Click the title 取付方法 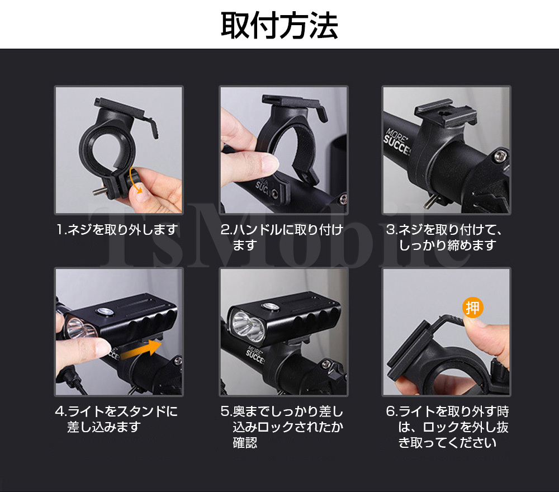pos(279,25)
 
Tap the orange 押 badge pos(473,307)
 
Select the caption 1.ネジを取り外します pos(117,230)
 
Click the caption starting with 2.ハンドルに pos(282,237)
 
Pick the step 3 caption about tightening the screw pos(444,237)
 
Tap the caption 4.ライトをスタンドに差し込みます pos(117,419)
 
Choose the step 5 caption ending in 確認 pos(282,427)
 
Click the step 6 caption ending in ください pos(447,427)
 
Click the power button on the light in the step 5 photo pos(270,306)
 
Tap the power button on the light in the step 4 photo pos(105,312)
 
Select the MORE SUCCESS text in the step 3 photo pos(397,141)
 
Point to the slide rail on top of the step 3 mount pos(445,113)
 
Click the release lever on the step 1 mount pos(151,125)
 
